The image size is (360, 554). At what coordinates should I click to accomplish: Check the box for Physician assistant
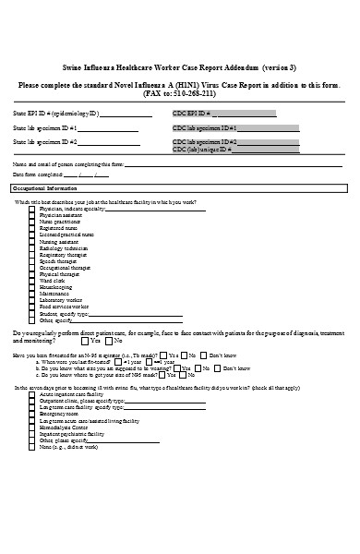coord(32,215)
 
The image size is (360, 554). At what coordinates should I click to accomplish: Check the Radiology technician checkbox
coord(32,247)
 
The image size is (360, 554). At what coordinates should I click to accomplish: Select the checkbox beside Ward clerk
coord(32,281)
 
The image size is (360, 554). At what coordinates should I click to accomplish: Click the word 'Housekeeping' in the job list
coord(57,287)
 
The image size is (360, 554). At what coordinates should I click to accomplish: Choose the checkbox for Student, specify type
coord(32,313)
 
